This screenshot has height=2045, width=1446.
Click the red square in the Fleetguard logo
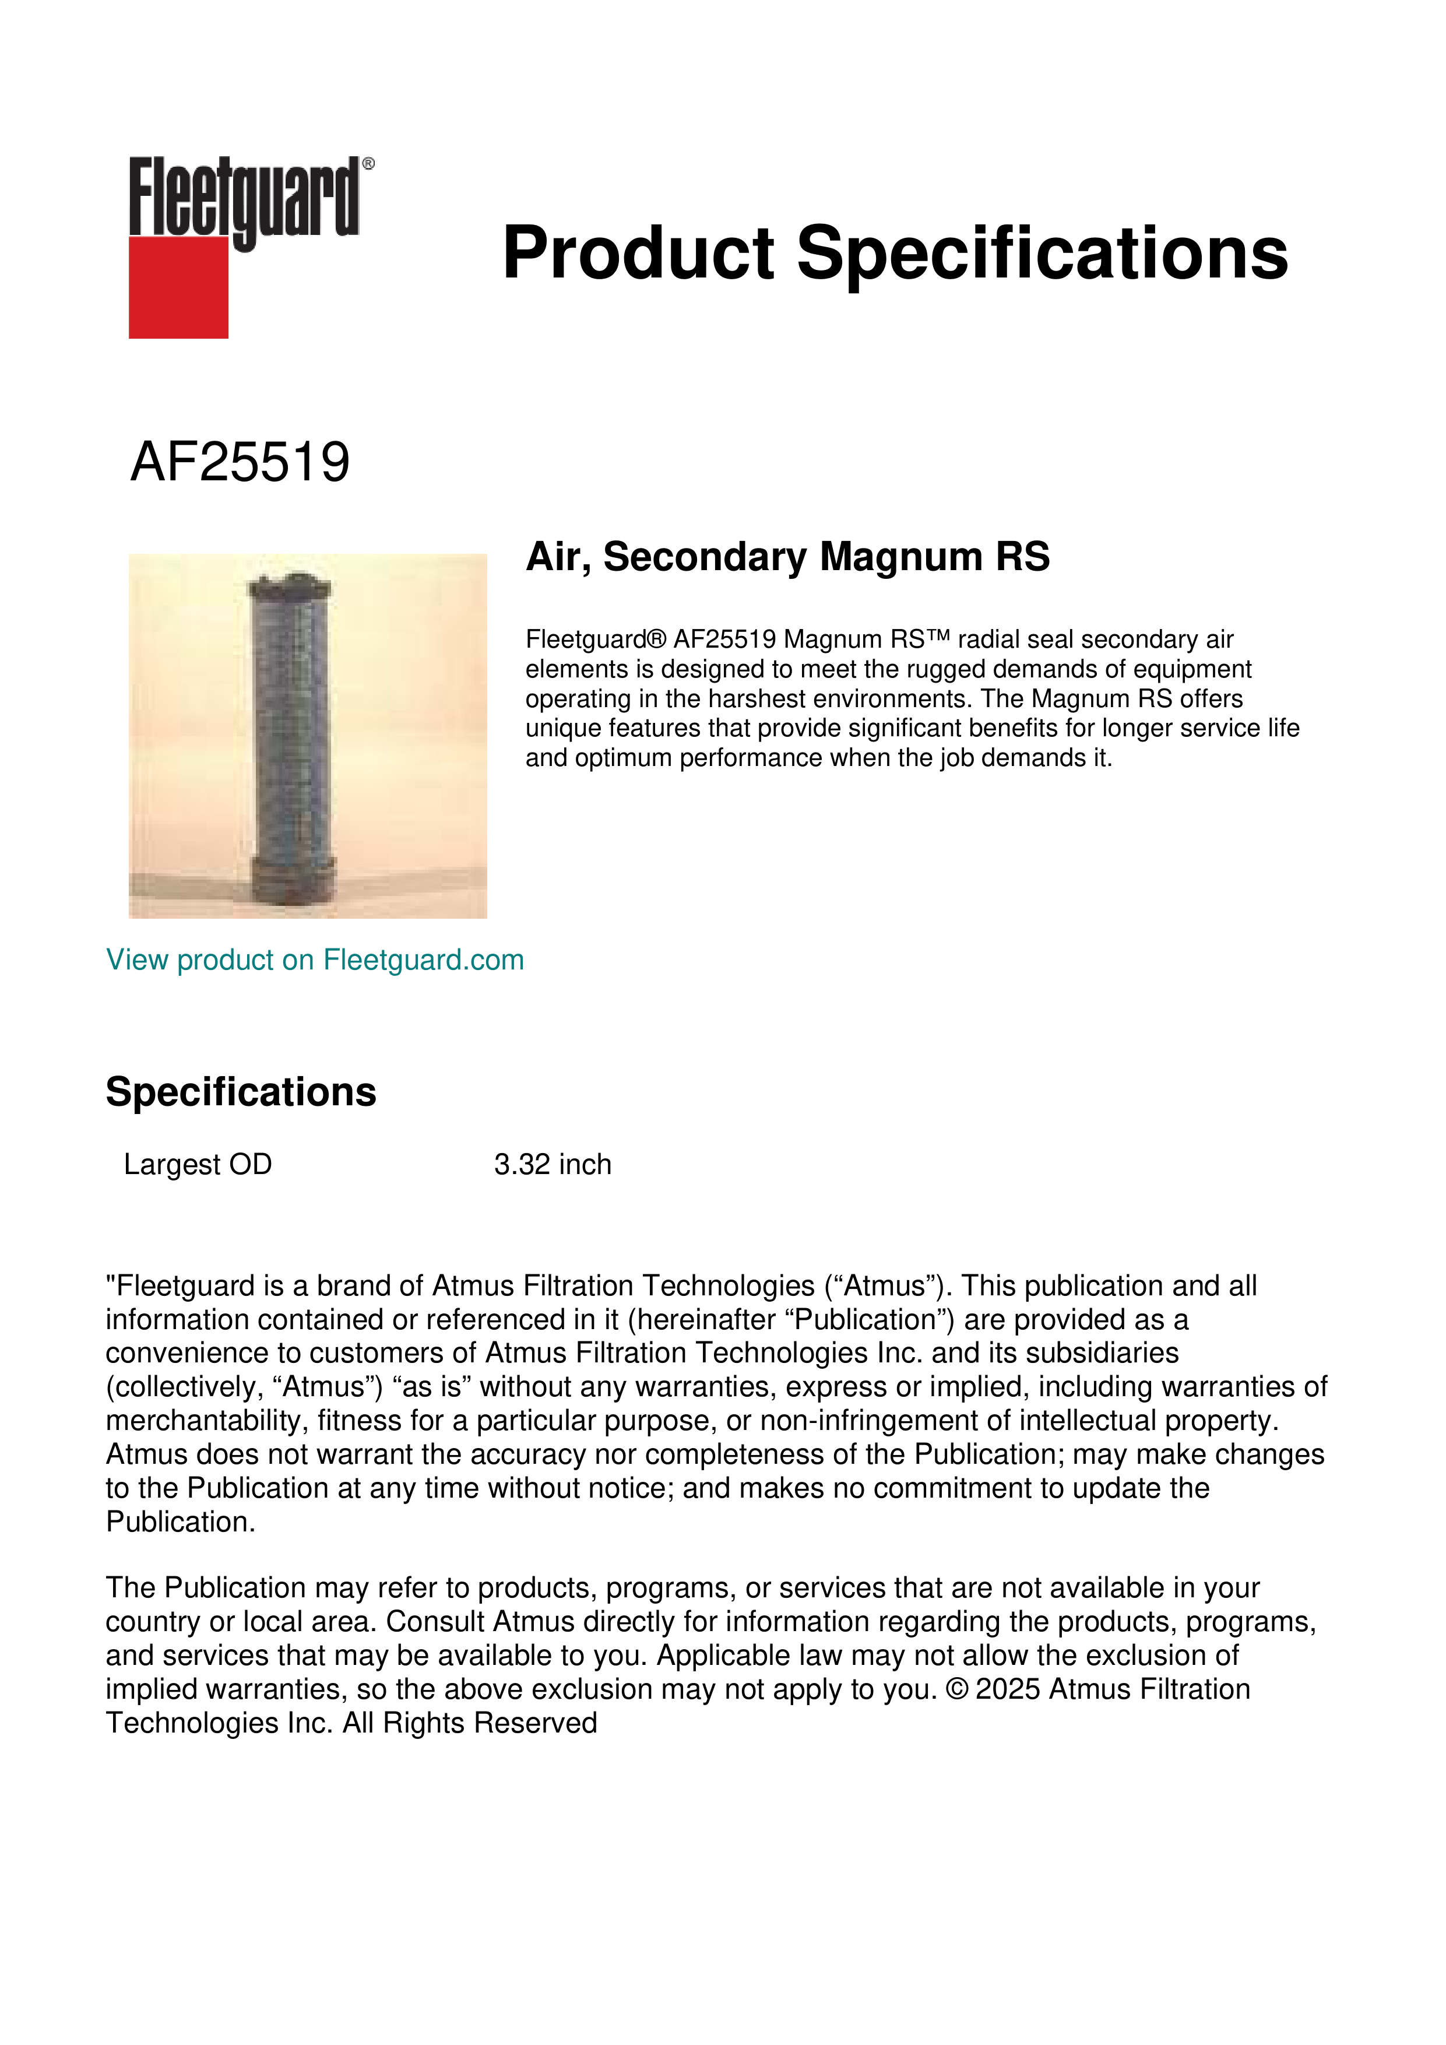click(178, 287)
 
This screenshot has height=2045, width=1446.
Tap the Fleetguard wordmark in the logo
click(243, 198)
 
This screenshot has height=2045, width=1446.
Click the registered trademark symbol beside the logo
click(368, 164)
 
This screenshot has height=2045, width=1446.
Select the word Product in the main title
click(638, 253)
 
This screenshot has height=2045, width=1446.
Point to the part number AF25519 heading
click(240, 462)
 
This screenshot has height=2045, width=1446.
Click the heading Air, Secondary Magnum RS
click(787, 557)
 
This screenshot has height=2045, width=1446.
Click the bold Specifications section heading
click(240, 1092)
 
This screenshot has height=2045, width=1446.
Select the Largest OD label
click(198, 1164)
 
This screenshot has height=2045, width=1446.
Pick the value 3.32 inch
click(553, 1164)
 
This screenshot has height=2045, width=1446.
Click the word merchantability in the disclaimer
click(207, 1421)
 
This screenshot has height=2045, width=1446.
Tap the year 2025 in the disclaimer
click(1008, 1689)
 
